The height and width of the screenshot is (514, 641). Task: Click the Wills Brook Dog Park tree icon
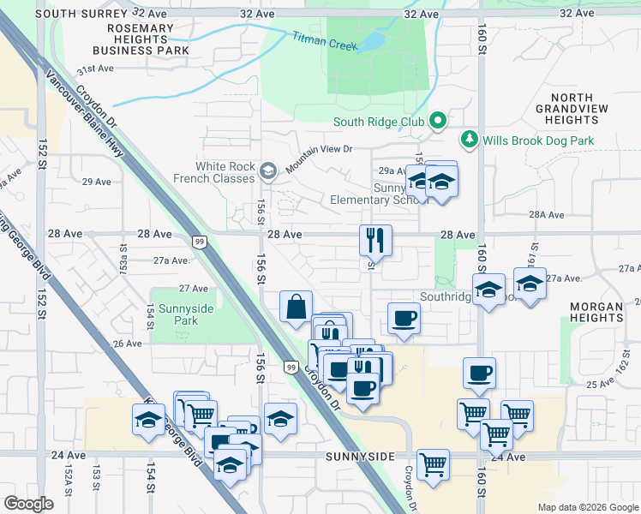470,139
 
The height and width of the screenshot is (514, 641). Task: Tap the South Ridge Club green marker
437,122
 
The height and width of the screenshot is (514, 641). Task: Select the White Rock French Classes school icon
268,171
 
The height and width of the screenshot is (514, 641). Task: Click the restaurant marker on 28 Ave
374,241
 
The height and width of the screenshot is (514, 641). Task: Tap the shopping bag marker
296,307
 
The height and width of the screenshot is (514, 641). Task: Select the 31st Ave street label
94,69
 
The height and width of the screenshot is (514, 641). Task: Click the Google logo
28,504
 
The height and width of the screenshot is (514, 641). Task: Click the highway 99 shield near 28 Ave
198,242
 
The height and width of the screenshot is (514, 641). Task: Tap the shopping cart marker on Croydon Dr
433,465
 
